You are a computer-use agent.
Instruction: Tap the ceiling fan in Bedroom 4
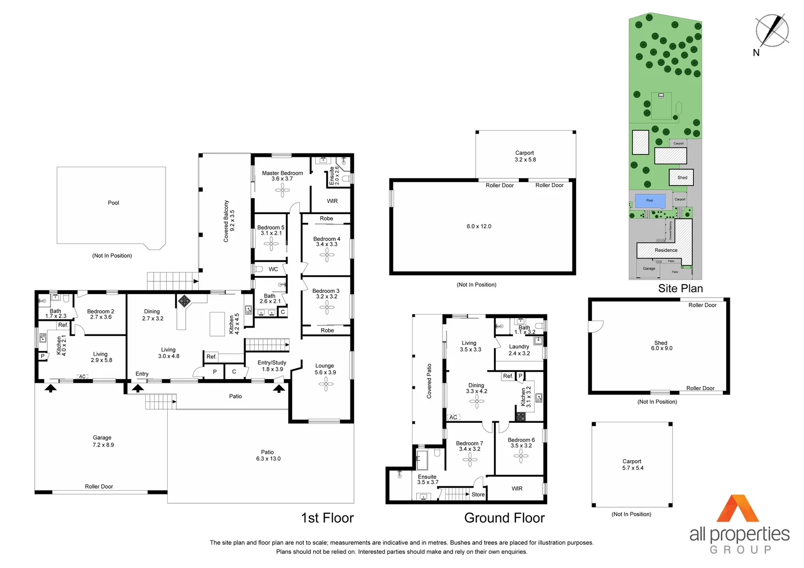point(327,256)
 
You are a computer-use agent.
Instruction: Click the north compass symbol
point(771,31)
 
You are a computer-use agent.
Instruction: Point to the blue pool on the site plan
point(650,200)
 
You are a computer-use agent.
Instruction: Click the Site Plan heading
point(680,288)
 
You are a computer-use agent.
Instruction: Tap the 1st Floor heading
point(327,518)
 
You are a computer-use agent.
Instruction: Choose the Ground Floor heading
point(504,518)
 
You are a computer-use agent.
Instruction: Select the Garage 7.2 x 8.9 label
point(103,441)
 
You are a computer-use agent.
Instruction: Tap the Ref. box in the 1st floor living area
point(212,357)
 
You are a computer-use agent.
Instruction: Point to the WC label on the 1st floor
point(273,269)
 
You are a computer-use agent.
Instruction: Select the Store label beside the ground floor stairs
point(478,494)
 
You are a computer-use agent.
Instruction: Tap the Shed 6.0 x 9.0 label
point(661,346)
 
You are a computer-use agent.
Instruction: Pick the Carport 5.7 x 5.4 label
point(632,464)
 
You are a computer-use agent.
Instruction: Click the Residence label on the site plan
point(666,250)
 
